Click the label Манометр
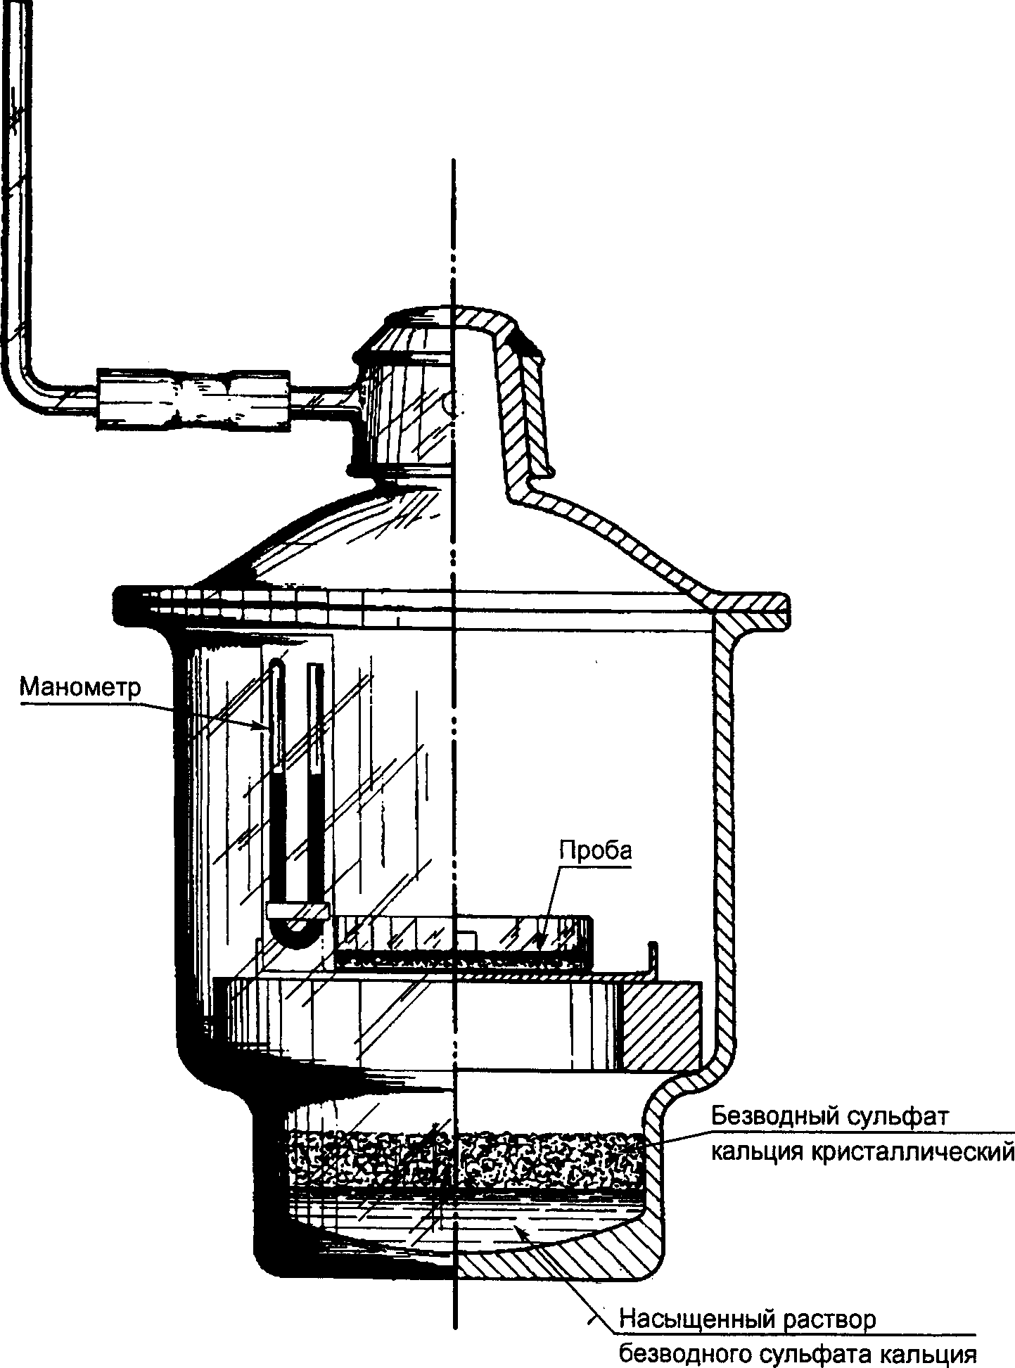pyautogui.click(x=79, y=686)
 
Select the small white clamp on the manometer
pyautogui.click(x=298, y=910)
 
